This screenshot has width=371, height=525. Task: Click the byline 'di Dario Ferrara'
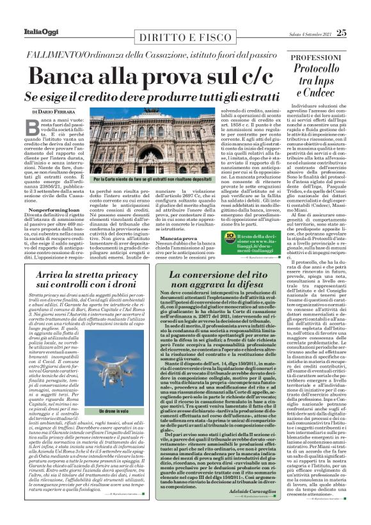[x=49, y=113]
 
